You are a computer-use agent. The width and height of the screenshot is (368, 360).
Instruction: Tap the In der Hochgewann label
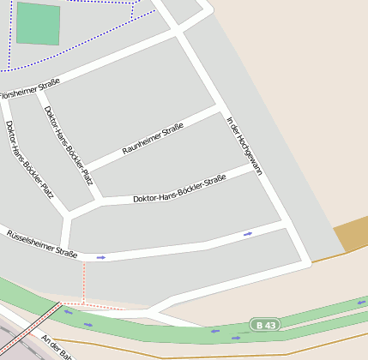244,146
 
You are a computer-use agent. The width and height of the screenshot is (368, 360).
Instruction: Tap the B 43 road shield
264,324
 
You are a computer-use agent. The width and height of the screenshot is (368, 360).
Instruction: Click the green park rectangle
39,23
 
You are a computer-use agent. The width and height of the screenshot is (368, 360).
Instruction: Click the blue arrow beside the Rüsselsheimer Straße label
101,257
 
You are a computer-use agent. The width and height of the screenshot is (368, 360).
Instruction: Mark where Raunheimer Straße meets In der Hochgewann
222,110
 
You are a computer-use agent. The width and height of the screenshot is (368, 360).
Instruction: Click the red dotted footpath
84,283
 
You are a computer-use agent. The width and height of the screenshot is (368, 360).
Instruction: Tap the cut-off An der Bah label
57,347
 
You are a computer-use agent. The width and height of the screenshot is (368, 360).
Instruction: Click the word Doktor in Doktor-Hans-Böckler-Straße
148,198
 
